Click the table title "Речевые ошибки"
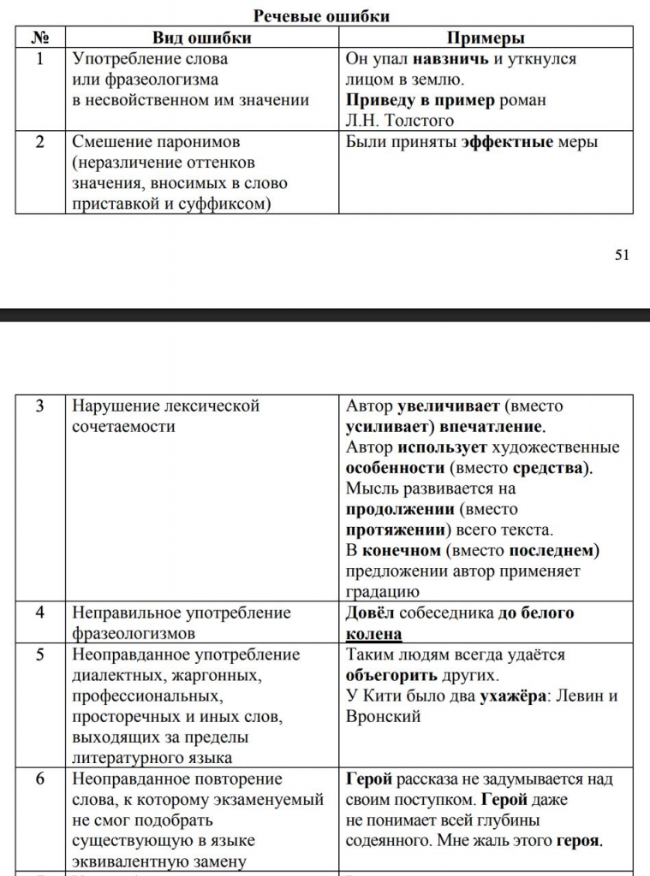pos(322,16)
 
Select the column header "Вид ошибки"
pos(202,38)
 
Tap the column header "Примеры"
pos(486,38)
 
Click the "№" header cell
pos(40,38)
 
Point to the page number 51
pos(622,254)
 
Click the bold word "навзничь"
pos(450,59)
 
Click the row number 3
pos(40,405)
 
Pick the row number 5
pos(40,654)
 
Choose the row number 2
pos(40,142)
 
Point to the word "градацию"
pos(382,591)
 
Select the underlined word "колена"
pos(373,634)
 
